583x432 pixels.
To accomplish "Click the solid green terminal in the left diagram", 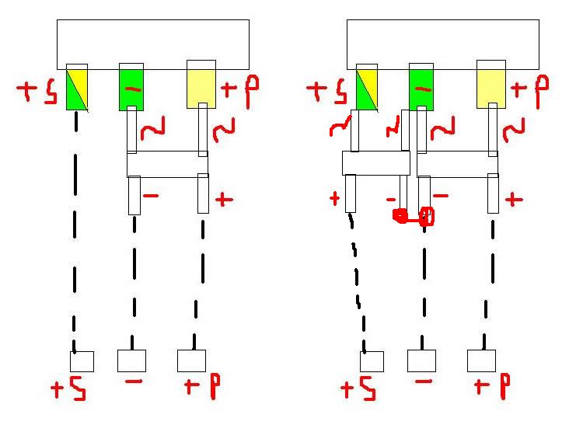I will pos(131,87).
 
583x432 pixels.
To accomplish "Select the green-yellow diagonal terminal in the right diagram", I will pos(366,87).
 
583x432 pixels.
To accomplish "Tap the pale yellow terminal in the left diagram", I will pos(201,85).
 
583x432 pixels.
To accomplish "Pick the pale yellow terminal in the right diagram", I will pos(491,85).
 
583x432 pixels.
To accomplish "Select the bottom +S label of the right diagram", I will pos(358,388).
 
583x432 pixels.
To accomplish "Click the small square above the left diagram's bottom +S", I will pos(82,361).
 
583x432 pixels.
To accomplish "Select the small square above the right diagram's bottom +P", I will pos(481,361).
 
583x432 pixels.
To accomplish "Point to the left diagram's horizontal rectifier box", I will pos(167,164).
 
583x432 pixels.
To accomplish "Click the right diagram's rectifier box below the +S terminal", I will pos(375,163).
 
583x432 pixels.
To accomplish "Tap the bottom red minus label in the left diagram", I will pos(133,382).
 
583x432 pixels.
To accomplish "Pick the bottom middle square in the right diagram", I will pos(421,361).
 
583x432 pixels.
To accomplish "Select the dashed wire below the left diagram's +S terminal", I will pos(75,233).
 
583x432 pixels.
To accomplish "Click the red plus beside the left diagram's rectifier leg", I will pos(224,200).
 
